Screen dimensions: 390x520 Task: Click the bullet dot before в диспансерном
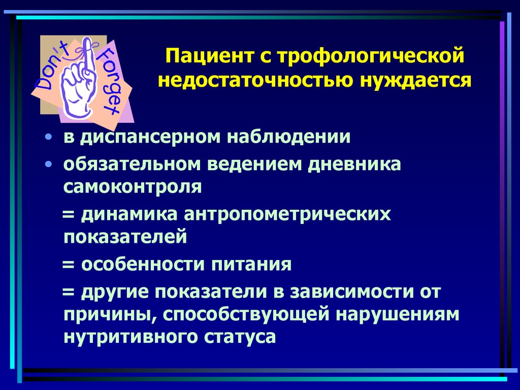tap(48, 138)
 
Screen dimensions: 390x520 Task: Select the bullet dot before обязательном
tap(48, 165)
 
